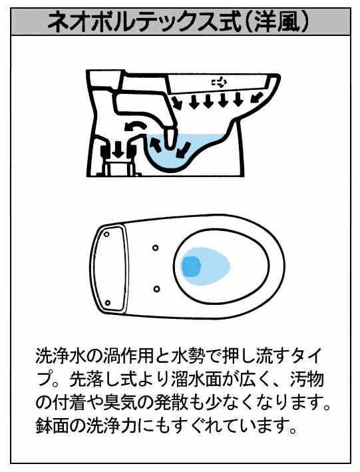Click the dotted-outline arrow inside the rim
point(220,81)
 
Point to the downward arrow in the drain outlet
point(119,150)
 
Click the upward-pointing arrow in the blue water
point(154,144)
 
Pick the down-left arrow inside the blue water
point(183,150)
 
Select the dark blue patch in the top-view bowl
point(190,267)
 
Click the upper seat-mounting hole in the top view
point(156,248)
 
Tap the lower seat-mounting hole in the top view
point(156,289)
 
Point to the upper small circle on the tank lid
point(106,234)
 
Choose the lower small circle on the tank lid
point(108,303)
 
